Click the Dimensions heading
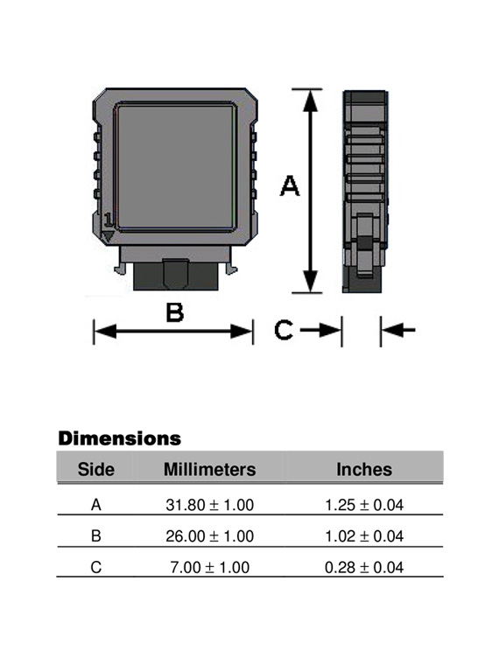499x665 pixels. (119, 437)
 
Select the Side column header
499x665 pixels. (96, 469)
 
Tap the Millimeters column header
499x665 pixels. (209, 469)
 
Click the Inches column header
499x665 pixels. (364, 469)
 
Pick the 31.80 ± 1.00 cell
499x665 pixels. (209, 505)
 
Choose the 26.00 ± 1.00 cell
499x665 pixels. (209, 536)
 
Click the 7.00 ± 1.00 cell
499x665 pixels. (209, 568)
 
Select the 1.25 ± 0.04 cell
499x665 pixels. (364, 505)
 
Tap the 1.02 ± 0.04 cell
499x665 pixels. (364, 536)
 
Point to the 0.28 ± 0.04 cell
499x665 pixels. (364, 568)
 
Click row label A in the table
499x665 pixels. (96, 505)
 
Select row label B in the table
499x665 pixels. (96, 536)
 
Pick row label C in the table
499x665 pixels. (96, 568)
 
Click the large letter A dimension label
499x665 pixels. (289, 185)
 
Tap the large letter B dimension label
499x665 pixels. (175, 312)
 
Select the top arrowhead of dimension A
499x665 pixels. (308, 98)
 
